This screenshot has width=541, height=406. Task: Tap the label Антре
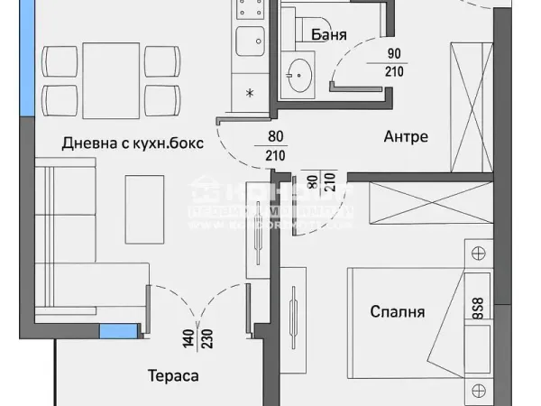pos(405,137)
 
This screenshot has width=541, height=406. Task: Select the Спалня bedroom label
pos(397,312)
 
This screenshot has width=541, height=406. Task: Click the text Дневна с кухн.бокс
pos(133,143)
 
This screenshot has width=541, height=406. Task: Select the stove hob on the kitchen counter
pos(246,10)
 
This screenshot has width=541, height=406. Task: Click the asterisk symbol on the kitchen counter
pos(250,93)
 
